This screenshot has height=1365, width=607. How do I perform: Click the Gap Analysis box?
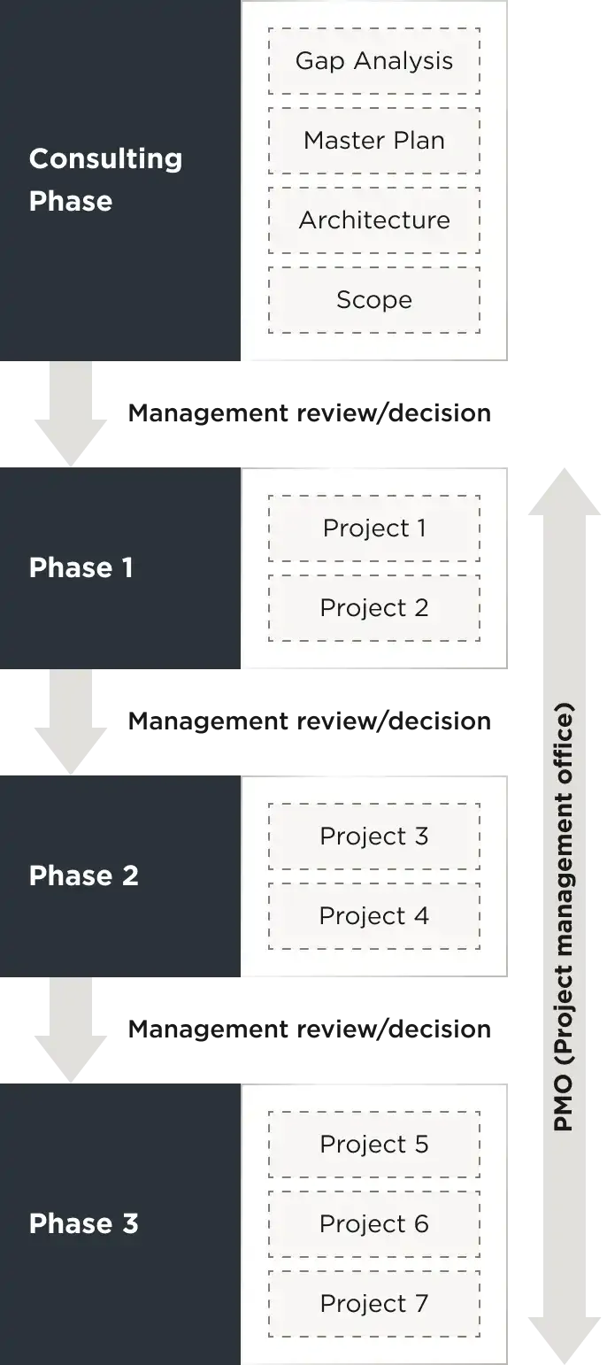tap(374, 61)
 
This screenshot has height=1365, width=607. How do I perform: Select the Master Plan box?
tap(374, 141)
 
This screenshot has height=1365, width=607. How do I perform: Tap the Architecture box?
tap(374, 220)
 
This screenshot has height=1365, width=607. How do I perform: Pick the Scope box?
tap(374, 300)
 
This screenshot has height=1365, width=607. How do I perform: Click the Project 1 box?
tap(374, 528)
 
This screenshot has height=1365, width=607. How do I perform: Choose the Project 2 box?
tap(374, 608)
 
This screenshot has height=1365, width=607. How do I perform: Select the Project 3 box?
tap(374, 837)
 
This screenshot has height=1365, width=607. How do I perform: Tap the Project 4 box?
tap(374, 916)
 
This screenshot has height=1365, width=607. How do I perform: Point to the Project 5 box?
tap(374, 1145)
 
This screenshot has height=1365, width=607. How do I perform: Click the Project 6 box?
tap(374, 1224)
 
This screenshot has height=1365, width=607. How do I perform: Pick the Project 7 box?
tap(374, 1304)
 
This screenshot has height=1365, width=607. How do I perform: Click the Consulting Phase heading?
tap(105, 180)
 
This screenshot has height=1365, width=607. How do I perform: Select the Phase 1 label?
tap(81, 568)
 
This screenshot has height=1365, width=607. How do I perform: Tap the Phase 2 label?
tap(83, 876)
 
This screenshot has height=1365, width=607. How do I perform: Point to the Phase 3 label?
tap(83, 1224)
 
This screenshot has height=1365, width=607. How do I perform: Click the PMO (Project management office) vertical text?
tap(564, 916)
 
